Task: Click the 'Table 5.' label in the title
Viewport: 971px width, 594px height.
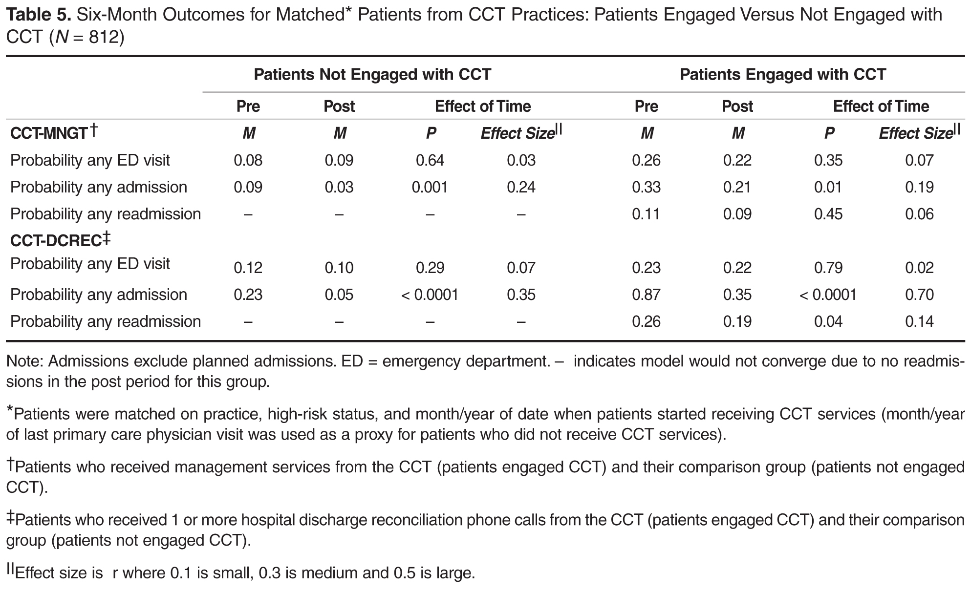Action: pos(38,15)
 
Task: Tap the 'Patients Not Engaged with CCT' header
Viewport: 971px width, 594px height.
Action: pos(372,74)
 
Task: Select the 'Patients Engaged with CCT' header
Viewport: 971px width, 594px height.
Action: pos(783,74)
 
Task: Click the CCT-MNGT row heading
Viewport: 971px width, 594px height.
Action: pos(53,132)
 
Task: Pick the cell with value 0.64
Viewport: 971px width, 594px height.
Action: pos(430,160)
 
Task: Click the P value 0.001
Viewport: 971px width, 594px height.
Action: pos(430,187)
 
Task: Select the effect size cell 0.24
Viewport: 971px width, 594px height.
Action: pos(521,187)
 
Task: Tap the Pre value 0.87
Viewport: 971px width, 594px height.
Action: pos(646,295)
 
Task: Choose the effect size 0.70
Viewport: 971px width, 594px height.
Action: pos(919,295)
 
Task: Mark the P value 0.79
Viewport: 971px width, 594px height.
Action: pos(828,268)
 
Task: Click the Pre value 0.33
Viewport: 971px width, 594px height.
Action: pos(646,187)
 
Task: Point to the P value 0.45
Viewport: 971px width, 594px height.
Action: pos(828,214)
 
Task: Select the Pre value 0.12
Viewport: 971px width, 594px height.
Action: pos(248,268)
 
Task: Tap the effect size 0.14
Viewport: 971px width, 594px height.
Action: pos(919,321)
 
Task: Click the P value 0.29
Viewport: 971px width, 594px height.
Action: pos(430,268)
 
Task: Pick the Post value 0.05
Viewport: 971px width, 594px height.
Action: pos(339,295)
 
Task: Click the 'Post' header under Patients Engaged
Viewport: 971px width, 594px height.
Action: pos(737,106)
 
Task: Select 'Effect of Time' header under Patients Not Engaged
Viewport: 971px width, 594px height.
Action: pos(483,106)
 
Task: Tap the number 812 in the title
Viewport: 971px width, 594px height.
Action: pos(104,37)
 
